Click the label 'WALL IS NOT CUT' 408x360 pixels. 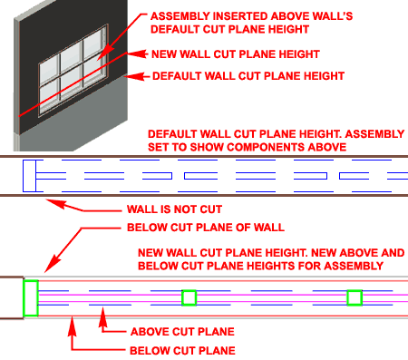(174, 209)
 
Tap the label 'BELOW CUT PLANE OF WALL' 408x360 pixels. (206, 228)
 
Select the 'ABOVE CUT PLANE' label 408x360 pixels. (182, 332)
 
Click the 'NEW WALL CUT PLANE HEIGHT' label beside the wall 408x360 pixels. (236, 54)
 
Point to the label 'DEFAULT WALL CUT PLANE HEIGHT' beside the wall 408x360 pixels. (248, 76)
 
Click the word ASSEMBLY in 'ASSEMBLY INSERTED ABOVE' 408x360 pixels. (180, 16)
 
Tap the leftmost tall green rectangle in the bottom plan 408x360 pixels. (31, 298)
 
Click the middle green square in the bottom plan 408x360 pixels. (189, 297)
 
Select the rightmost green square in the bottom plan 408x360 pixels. (355, 297)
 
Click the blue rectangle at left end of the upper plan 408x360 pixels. (30, 176)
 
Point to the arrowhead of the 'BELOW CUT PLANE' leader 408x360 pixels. (72, 326)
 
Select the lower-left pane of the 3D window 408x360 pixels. (49, 98)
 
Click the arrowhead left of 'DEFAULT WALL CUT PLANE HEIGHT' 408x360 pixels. (135, 76)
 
